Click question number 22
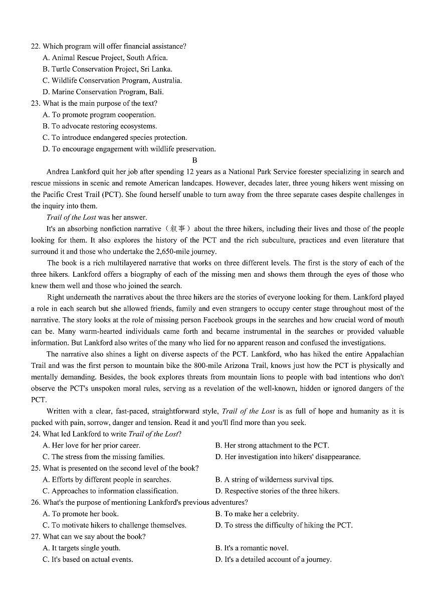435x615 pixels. pos(36,46)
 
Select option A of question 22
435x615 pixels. pos(105,58)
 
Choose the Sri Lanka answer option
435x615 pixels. pos(107,69)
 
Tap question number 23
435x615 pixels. pos(36,103)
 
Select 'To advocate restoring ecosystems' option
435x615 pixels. pos(100,126)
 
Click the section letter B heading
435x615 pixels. pos(194,160)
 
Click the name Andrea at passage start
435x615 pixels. pos(59,172)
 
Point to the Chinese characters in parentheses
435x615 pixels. pos(178,229)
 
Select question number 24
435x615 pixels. pos(36,434)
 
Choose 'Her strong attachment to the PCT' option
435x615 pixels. pos(272,445)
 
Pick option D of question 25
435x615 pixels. pos(277,491)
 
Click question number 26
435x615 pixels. pos(36,502)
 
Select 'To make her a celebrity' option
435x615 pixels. pos(257,514)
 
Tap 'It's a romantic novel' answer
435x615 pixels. pos(252,548)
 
